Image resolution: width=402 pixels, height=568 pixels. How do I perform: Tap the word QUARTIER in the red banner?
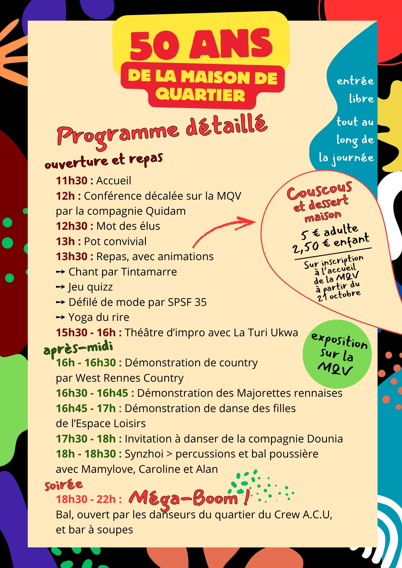(x=200, y=95)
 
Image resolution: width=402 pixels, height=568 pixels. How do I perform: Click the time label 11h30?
(x=72, y=181)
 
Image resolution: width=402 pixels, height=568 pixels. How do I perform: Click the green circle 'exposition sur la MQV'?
(x=337, y=354)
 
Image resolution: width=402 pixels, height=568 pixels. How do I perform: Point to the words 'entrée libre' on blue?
(x=355, y=89)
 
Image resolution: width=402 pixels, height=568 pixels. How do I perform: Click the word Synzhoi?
(x=144, y=454)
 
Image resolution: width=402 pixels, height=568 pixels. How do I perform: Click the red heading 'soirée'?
(x=64, y=485)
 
